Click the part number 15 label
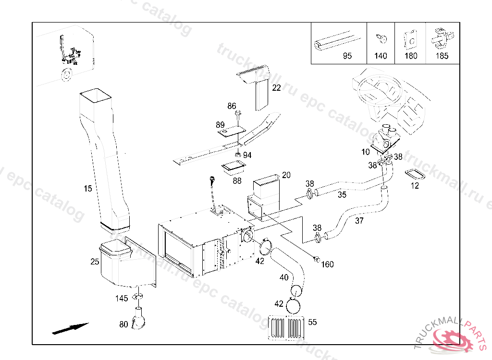pos(87,189)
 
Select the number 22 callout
pos(276,88)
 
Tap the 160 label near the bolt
pos(327,264)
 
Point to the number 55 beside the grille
pos(312,322)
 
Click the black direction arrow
pos(70,328)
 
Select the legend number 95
pos(347,56)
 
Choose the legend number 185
pos(442,56)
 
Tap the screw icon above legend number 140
pos(380,38)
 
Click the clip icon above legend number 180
pos(411,39)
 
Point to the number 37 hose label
pos(359,221)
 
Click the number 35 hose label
pos(342,194)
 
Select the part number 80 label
pos(123,324)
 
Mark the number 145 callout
pos(122,298)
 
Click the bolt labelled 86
pos(238,115)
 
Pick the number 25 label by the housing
pos(95,262)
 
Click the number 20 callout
pos(286,175)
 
